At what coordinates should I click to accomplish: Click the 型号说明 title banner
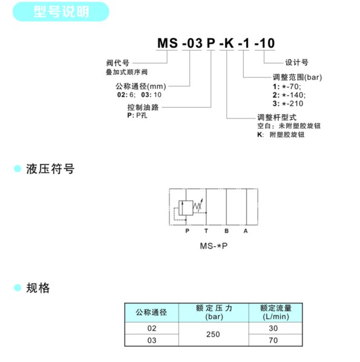[x=61, y=11]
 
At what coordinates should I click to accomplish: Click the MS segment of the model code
[x=168, y=43]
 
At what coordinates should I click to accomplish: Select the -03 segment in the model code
[x=192, y=43]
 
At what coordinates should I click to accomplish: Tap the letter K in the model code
[x=229, y=43]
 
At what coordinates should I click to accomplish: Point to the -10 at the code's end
[x=264, y=43]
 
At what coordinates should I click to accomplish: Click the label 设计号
[x=296, y=62]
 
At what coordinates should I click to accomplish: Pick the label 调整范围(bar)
[x=297, y=77]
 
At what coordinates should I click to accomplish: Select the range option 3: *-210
[x=288, y=103]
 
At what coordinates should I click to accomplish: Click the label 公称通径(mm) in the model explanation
[x=141, y=86]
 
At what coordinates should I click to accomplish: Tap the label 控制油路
[x=143, y=108]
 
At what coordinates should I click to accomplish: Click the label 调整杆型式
[x=277, y=117]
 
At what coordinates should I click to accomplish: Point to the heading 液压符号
[x=50, y=169]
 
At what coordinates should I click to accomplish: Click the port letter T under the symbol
[x=206, y=231]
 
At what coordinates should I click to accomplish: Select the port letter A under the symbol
[x=246, y=231]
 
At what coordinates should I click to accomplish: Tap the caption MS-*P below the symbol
[x=214, y=246]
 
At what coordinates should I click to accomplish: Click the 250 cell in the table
[x=213, y=334]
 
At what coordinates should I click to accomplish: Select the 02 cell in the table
[x=152, y=328]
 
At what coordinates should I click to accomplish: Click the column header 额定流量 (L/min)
[x=276, y=312]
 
